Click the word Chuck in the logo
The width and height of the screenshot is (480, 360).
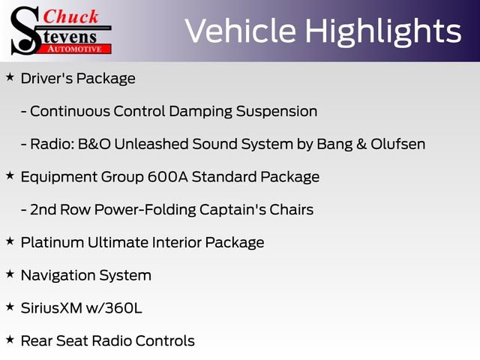[x=71, y=16]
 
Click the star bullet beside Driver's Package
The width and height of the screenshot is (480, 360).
[x=10, y=76]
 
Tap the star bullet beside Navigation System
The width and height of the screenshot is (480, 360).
[x=10, y=274]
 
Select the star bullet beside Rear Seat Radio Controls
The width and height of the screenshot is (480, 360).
[x=10, y=340]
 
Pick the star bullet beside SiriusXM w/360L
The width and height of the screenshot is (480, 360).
[x=10, y=307]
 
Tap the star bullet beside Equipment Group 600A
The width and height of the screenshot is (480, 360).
[x=10, y=175]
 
